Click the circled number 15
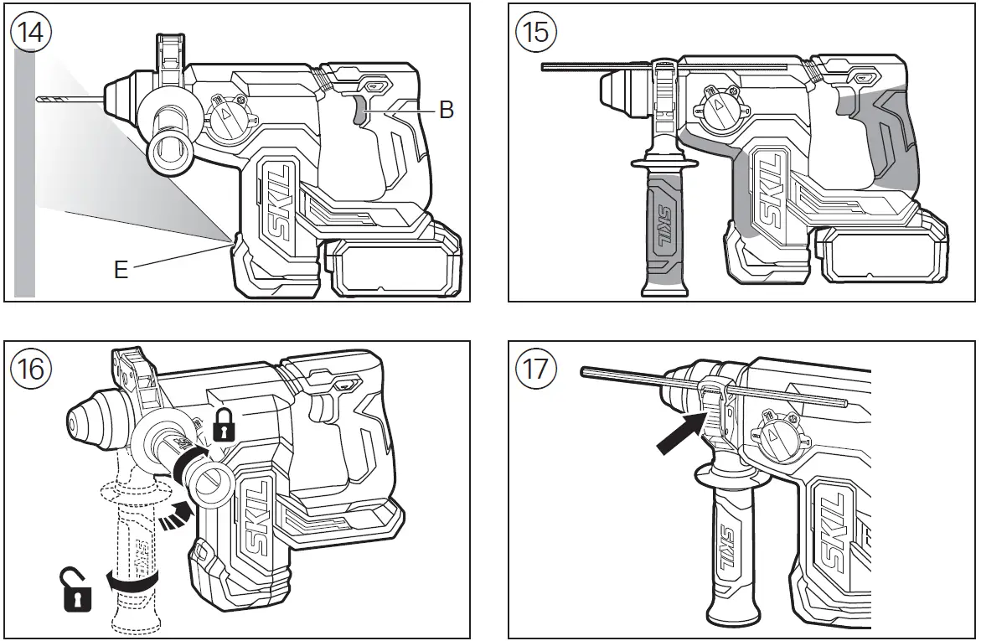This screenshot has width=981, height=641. [535, 34]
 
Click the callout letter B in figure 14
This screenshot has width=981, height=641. [447, 111]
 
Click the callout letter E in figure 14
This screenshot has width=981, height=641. [121, 271]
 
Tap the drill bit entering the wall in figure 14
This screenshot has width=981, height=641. [67, 100]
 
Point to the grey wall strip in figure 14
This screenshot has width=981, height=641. [24, 168]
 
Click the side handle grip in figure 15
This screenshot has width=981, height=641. [662, 235]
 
